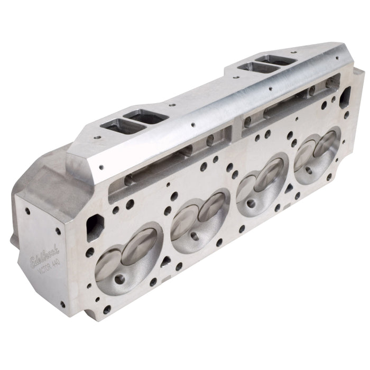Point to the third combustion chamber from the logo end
(261, 184)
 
